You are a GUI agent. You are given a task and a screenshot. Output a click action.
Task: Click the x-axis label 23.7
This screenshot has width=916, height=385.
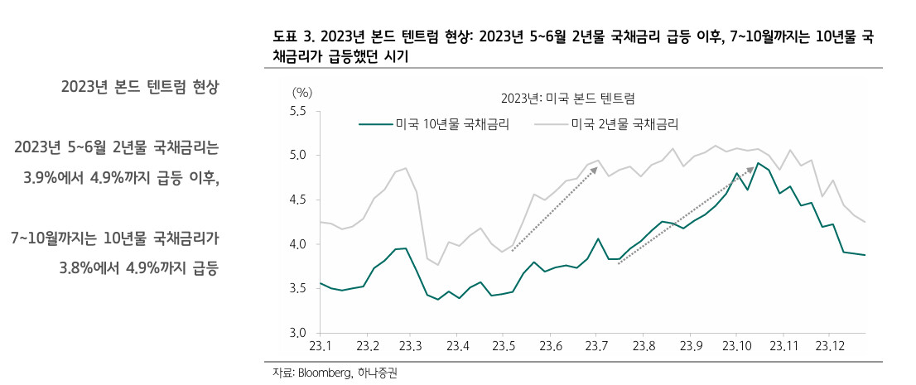coord(595,346)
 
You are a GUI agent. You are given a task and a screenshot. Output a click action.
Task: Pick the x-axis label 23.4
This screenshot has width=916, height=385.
coord(458,346)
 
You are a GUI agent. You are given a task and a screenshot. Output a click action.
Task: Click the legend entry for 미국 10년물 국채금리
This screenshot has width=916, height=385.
coord(433,124)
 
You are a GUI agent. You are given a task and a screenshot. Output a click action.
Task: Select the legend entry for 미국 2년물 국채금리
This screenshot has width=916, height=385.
coord(608,124)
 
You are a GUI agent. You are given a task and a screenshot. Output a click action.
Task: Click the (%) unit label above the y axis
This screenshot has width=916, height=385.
coord(302,92)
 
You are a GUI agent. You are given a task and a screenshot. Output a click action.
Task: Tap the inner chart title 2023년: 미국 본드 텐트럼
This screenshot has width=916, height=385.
coord(567,97)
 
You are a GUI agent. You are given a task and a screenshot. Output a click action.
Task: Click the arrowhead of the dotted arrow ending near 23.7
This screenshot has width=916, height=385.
coord(595,169)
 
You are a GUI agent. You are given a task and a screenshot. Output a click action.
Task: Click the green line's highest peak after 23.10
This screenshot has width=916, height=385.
coord(758,163)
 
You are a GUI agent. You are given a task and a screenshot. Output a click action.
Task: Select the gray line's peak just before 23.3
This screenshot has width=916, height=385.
coord(406,168)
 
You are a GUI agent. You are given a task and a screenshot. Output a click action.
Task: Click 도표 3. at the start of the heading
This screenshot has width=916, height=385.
coord(293,37)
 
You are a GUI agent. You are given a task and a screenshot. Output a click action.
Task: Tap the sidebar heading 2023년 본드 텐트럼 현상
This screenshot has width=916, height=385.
coord(140,88)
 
